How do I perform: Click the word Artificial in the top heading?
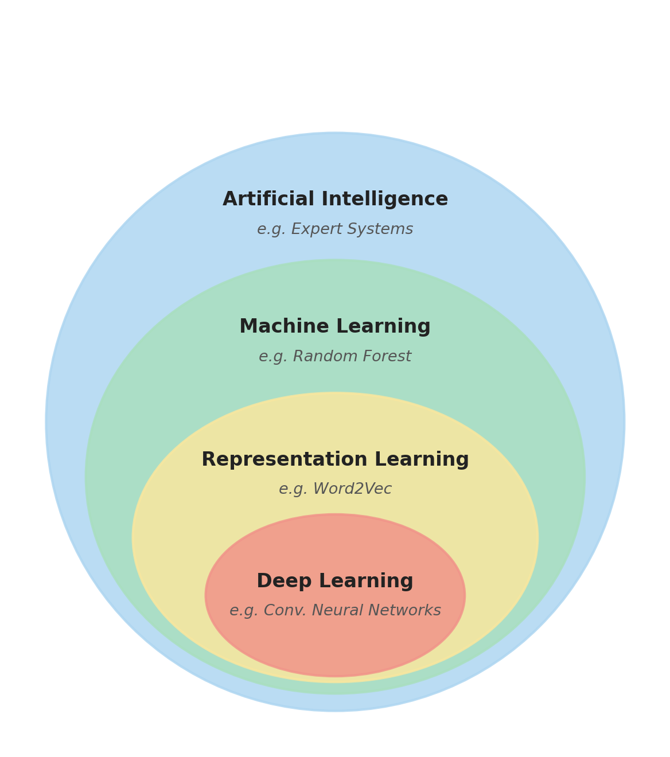[x=268, y=198]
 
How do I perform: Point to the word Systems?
[x=380, y=229]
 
